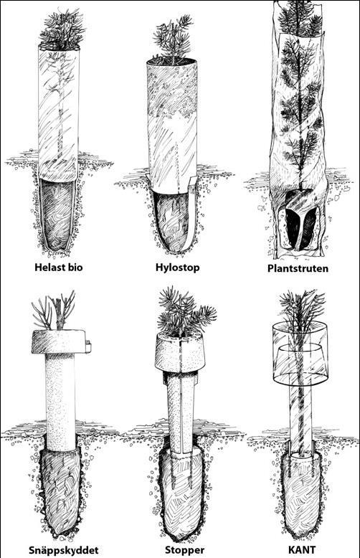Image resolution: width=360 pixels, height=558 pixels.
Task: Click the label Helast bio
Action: [x=59, y=267]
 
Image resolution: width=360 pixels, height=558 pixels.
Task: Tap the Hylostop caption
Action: [x=178, y=268]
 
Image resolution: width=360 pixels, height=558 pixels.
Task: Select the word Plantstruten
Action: [x=298, y=268]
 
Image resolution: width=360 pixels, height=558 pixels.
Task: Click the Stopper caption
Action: [x=180, y=550]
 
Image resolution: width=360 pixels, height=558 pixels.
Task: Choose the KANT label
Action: [x=302, y=550]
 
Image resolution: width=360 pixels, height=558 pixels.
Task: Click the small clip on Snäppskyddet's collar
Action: [x=88, y=346]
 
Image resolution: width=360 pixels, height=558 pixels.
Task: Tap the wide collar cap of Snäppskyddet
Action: [x=59, y=341]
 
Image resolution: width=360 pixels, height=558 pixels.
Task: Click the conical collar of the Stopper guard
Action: [x=180, y=352]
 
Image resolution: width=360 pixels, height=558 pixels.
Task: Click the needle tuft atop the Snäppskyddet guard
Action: [x=55, y=310]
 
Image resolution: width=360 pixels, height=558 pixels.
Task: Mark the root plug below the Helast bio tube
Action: [x=57, y=215]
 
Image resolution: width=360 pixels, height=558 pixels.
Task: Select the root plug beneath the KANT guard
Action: [x=302, y=493]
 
